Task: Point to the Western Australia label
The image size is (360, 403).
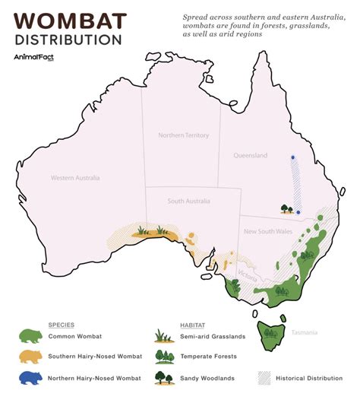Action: click(75, 178)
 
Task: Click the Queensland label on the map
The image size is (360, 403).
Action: click(250, 155)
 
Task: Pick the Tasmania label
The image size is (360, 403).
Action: click(314, 332)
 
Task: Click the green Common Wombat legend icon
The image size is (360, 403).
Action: click(32, 337)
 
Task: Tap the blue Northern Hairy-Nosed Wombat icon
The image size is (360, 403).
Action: click(32, 376)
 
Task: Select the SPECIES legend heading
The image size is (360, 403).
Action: click(62, 323)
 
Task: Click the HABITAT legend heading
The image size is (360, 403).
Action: click(195, 323)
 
